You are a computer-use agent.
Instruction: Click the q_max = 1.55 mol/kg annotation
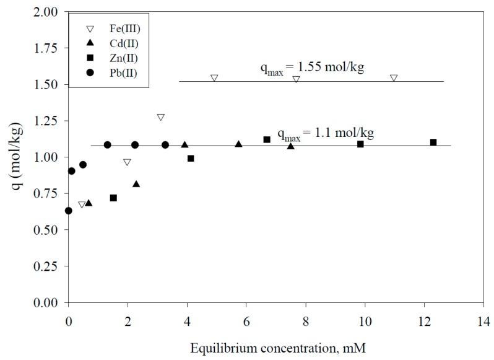(311, 68)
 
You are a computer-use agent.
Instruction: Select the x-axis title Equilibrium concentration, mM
(276, 347)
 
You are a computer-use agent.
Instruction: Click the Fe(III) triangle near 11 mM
(394, 78)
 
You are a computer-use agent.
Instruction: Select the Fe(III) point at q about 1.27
(161, 117)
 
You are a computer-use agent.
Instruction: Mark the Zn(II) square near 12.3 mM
(433, 143)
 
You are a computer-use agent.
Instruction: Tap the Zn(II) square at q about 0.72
(113, 198)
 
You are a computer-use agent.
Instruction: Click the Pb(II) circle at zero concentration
(69, 211)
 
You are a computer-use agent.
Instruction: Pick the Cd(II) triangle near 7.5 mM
(291, 146)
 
